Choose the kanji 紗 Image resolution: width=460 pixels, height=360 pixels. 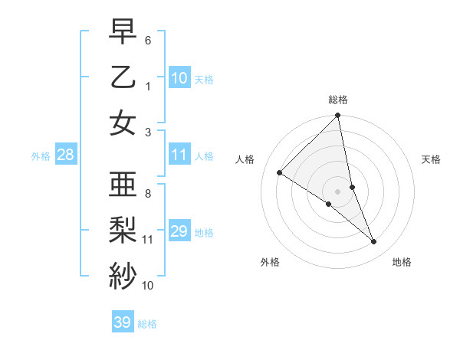[x=123, y=274]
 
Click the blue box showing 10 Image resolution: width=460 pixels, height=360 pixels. [x=179, y=78]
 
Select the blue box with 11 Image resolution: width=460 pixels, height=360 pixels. [x=179, y=155]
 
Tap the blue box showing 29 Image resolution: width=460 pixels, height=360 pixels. [x=179, y=231]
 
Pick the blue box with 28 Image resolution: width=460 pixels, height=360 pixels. [x=66, y=155]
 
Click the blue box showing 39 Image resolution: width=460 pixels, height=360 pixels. [x=123, y=322]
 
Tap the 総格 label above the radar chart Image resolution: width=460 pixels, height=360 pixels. [x=338, y=100]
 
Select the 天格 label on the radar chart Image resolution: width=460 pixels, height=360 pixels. [x=431, y=159]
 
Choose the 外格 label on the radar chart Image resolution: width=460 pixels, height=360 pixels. [x=270, y=263]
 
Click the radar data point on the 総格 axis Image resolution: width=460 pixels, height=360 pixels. [x=338, y=116]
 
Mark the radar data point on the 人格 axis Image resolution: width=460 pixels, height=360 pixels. [x=280, y=173]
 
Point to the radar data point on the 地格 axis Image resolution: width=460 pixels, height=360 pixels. [x=374, y=242]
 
